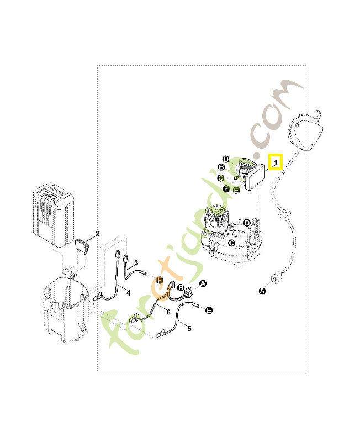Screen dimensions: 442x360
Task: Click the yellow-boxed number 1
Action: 275,161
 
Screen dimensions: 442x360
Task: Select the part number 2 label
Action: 97,234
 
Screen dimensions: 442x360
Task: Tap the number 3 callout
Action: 136,262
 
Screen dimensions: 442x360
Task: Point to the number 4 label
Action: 128,293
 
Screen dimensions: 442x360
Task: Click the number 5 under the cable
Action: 189,328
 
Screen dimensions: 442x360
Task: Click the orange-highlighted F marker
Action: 160,280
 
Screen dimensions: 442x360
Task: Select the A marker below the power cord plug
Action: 262,290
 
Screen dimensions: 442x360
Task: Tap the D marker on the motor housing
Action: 247,223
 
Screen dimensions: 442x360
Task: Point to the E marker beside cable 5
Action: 209,311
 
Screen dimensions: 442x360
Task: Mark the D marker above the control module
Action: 226,159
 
